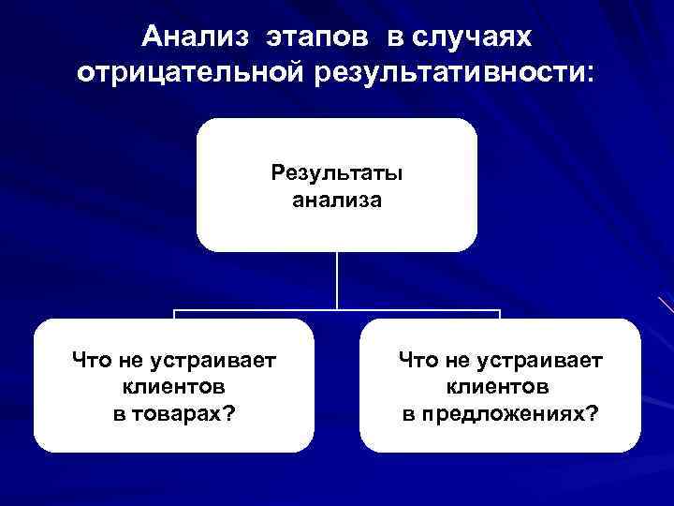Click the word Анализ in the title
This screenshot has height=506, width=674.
point(196,37)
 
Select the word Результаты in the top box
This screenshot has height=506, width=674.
point(337,173)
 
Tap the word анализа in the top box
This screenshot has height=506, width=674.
point(337,199)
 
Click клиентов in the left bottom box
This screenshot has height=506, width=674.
point(173,386)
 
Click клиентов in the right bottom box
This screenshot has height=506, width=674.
point(500,386)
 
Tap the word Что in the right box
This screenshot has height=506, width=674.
point(417,359)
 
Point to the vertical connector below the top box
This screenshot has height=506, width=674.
point(337,281)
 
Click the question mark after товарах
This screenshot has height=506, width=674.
point(228,414)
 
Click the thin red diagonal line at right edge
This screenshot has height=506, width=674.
point(667,305)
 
